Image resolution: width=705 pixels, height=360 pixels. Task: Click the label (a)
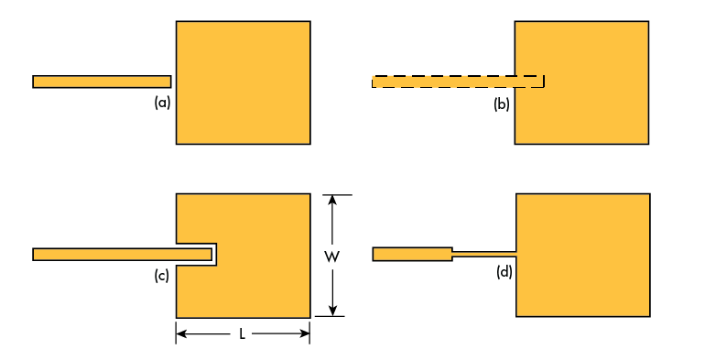(162, 104)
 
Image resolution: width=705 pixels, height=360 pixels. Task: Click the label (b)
(502, 104)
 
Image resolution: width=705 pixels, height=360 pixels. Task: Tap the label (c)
(162, 276)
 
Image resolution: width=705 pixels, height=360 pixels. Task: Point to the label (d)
(504, 272)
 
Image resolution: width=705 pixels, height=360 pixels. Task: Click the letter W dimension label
(332, 256)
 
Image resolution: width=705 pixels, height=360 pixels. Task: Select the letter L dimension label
(242, 334)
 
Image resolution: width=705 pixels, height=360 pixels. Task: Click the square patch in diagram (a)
(243, 82)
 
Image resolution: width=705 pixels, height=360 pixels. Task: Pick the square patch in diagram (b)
(586, 82)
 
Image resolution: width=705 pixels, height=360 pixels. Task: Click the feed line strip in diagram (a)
(102, 82)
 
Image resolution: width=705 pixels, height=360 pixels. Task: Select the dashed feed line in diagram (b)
(458, 82)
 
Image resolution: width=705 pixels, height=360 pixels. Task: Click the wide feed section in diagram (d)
(412, 254)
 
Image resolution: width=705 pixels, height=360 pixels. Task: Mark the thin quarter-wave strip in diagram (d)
(484, 253)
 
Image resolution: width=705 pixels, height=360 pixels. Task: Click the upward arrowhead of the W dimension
(332, 199)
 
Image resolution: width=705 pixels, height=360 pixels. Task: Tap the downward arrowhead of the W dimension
(332, 311)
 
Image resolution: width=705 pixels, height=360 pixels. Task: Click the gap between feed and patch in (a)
(173, 82)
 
